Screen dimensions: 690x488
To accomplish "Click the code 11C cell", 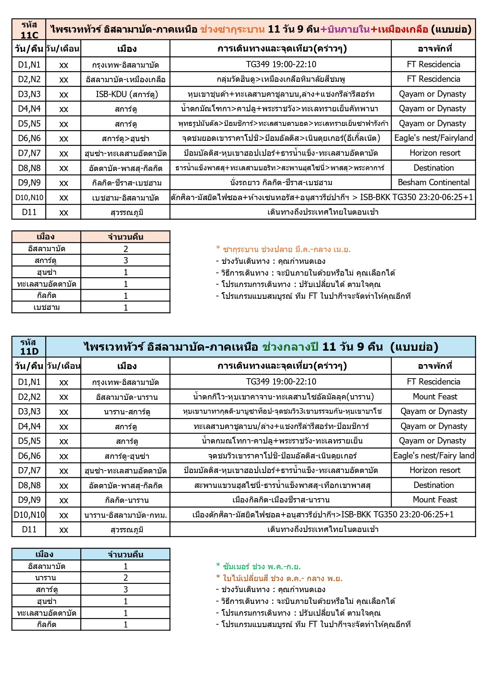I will click(x=29, y=29).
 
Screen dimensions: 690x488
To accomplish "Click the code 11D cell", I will click(x=29, y=347).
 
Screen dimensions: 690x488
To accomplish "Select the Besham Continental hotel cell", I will click(x=433, y=182).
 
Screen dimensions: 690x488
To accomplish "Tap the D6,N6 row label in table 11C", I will click(x=29, y=138).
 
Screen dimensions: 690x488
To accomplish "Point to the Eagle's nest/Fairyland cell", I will click(x=433, y=138).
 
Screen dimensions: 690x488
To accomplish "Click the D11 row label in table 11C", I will click(x=29, y=212).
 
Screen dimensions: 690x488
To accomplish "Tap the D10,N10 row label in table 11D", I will click(x=29, y=515).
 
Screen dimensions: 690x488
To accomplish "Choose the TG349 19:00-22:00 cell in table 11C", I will click(x=281, y=64).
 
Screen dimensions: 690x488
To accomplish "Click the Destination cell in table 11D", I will click(x=433, y=485).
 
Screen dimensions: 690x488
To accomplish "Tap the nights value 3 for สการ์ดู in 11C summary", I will click(x=125, y=260).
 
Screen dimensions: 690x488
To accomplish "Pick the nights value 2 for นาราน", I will click(x=125, y=578).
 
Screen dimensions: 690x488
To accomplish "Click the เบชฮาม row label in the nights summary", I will click(x=46, y=307).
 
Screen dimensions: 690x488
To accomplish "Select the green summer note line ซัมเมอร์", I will click(x=258, y=567).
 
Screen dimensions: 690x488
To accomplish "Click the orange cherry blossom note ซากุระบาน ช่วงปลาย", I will click(x=283, y=249).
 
